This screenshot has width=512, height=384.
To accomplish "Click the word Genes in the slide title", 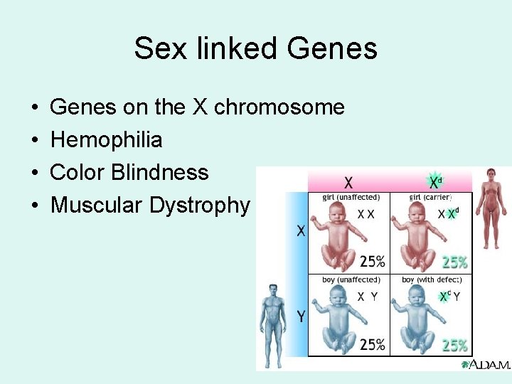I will [x=332, y=48].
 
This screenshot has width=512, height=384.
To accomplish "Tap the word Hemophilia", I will [x=107, y=140].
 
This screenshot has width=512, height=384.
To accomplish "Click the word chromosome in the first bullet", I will [x=279, y=107].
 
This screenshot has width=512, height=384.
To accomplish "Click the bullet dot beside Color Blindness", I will [x=35, y=173].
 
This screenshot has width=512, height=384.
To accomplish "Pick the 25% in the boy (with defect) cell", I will [x=455, y=346].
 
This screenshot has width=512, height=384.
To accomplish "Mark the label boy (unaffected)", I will [x=351, y=280].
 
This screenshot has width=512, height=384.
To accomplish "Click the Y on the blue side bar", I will [x=301, y=316].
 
